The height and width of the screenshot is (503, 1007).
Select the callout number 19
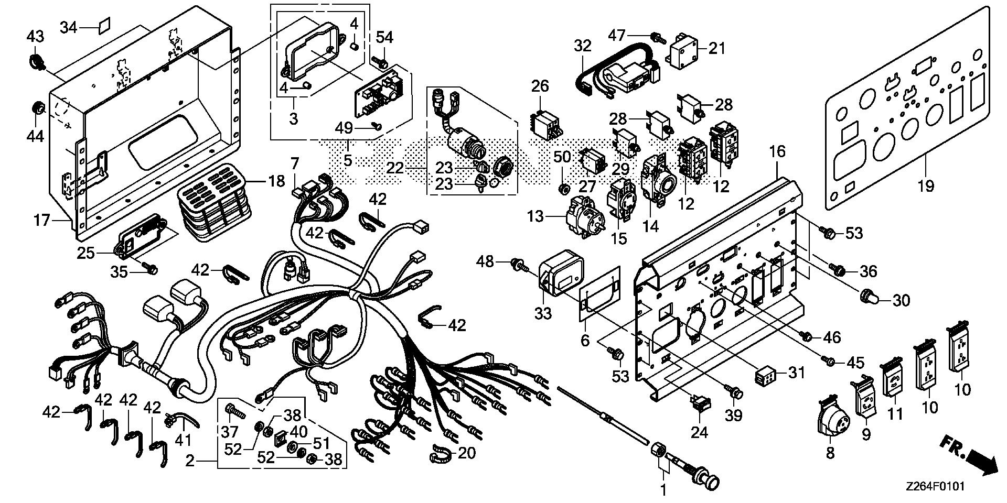click(x=926, y=186)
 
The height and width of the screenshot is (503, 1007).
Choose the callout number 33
click(x=543, y=313)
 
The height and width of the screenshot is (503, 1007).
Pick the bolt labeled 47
click(x=656, y=38)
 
